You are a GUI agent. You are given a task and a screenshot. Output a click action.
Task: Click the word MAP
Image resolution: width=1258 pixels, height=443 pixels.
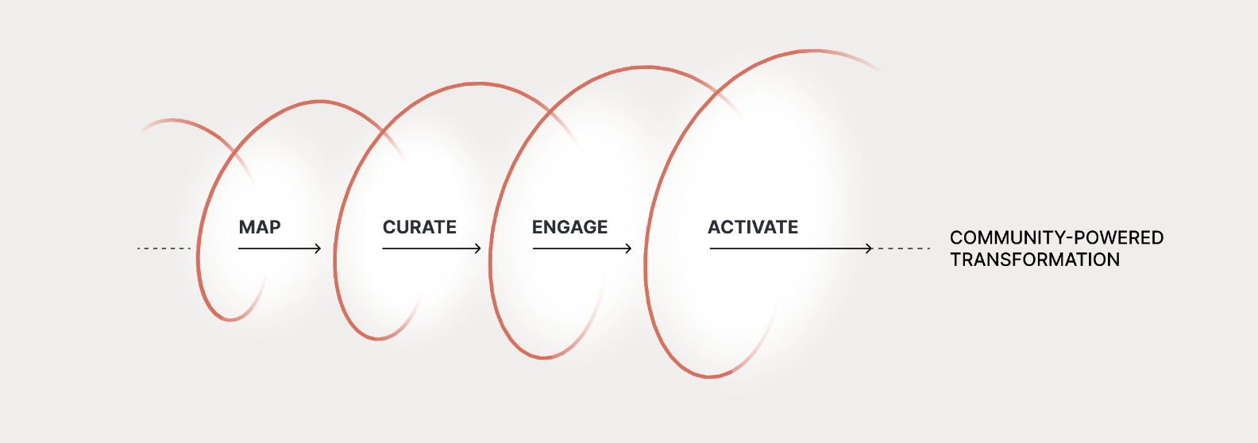click(260, 227)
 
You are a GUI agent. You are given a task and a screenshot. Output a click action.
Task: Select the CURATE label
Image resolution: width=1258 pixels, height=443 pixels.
click(419, 227)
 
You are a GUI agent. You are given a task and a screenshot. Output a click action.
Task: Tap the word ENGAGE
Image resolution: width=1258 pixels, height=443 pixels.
click(569, 227)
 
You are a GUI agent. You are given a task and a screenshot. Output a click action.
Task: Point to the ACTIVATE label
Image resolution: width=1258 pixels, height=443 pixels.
click(753, 227)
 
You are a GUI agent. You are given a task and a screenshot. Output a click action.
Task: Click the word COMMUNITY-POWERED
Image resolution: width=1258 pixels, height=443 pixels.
click(1056, 237)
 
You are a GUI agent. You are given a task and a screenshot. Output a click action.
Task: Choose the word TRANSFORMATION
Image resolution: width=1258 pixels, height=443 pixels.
click(1035, 260)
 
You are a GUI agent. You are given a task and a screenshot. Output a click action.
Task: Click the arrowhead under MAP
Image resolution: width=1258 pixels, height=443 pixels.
click(318, 248)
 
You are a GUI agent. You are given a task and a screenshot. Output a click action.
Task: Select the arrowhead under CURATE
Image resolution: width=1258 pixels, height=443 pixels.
click(478, 248)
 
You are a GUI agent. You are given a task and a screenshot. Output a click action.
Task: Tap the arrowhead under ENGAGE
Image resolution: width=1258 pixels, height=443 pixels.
click(628, 248)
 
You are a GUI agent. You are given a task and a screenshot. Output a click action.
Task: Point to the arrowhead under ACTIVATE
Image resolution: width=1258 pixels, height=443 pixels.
click(869, 248)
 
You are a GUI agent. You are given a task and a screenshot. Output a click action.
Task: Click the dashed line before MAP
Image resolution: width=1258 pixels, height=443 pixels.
click(164, 248)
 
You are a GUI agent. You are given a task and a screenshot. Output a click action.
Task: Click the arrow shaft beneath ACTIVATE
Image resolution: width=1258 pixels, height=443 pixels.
click(791, 248)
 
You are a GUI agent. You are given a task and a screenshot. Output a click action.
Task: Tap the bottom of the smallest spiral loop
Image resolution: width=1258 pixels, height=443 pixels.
click(230, 319)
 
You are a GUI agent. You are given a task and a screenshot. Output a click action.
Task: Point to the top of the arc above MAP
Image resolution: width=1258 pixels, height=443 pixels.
click(319, 102)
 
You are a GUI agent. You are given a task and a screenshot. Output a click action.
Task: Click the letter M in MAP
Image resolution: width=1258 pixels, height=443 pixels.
click(246, 227)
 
